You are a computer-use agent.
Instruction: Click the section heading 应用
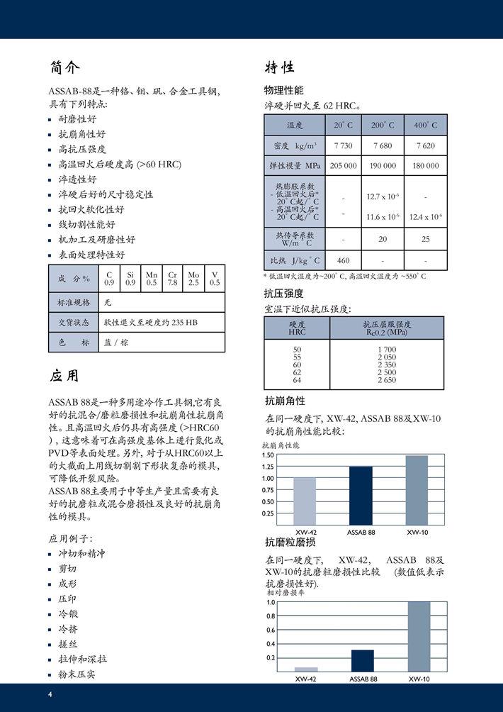64,375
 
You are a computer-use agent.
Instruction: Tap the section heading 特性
280,68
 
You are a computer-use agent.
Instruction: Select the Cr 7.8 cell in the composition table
172,278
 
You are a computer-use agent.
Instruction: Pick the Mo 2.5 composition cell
194,278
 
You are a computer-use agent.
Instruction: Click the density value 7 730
343,145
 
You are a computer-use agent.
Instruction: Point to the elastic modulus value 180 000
426,165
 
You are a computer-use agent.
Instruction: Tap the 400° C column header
426,126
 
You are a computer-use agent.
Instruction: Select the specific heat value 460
343,260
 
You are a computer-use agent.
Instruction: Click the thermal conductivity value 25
426,239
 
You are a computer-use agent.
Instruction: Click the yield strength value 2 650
387,380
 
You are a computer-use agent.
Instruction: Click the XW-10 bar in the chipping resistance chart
417,490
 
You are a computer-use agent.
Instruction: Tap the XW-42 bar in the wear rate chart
306,669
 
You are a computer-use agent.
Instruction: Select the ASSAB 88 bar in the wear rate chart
362,660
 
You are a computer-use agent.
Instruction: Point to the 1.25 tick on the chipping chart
268,467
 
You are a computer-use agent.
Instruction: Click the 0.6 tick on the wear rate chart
270,630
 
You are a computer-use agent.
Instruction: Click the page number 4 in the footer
50,694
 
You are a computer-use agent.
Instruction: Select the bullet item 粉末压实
77,674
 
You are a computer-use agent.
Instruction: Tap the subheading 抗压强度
283,293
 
